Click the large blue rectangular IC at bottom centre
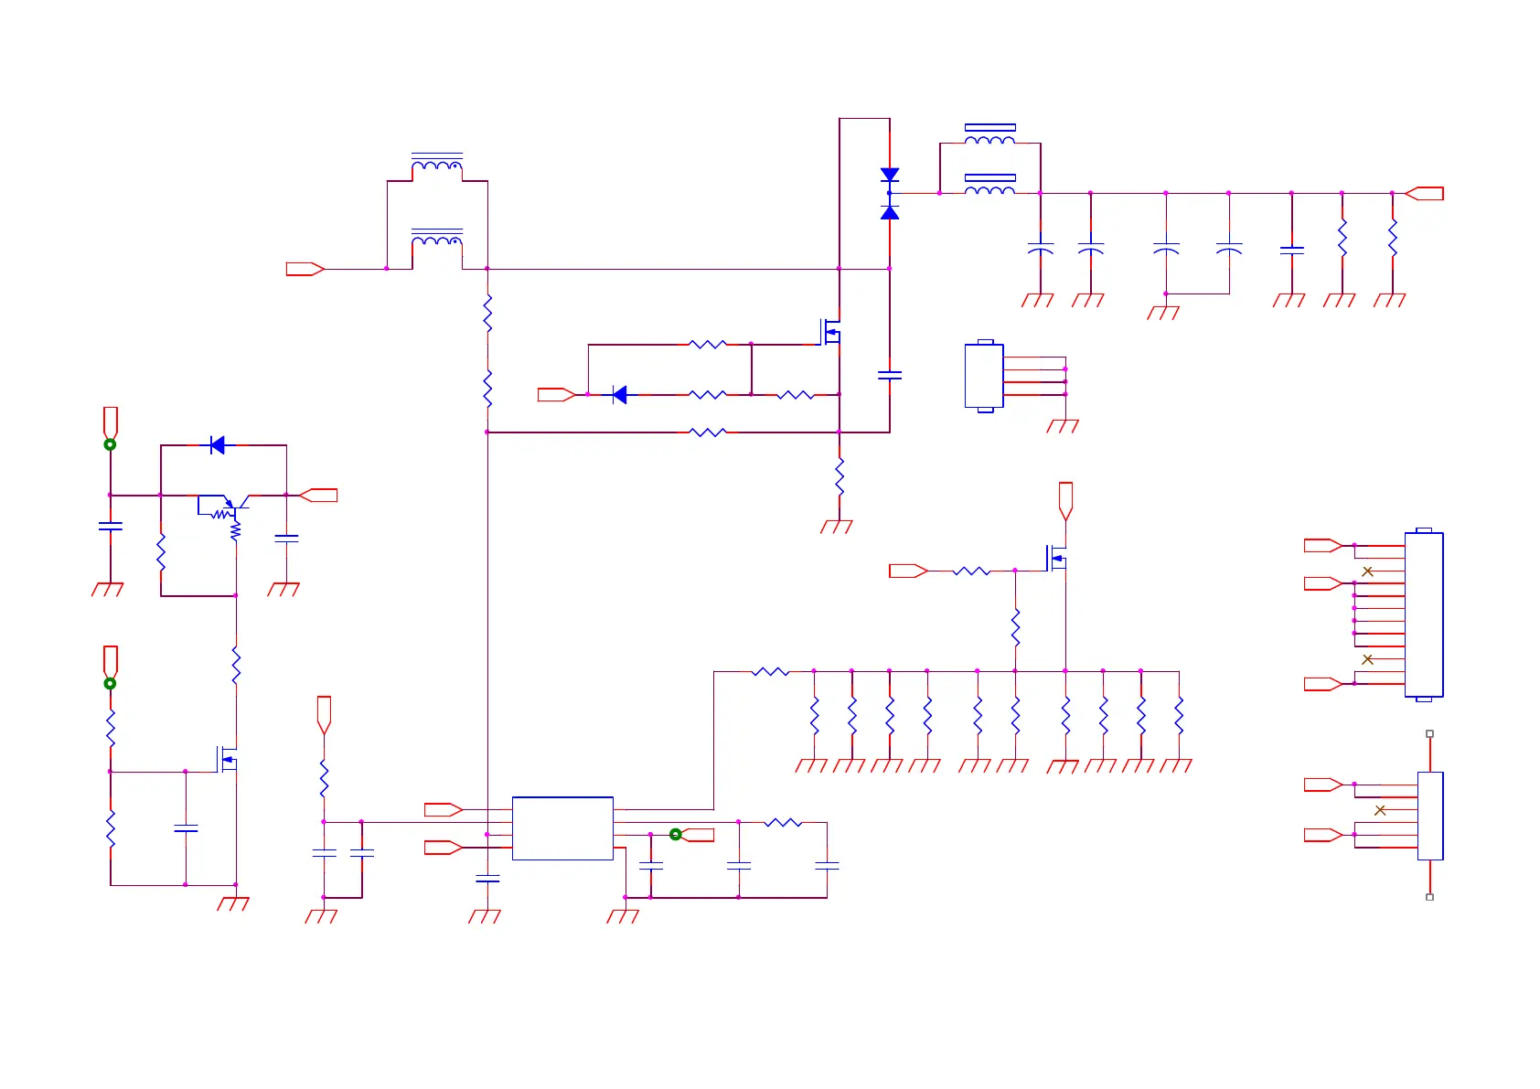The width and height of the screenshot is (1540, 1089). tap(562, 828)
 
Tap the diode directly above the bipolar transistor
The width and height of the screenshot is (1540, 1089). tap(218, 445)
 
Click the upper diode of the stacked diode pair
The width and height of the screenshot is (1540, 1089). tap(890, 175)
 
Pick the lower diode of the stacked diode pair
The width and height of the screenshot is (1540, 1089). tap(890, 212)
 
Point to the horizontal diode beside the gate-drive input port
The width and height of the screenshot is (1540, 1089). tap(620, 395)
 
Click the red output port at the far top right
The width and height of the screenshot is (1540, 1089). tap(1424, 194)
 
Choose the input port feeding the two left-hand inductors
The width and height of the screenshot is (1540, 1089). tap(305, 269)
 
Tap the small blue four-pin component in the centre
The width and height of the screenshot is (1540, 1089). tap(984, 376)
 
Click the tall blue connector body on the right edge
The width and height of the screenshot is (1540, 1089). tap(1424, 614)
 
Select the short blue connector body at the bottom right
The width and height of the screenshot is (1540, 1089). tap(1430, 816)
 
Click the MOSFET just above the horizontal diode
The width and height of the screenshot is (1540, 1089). tap(830, 331)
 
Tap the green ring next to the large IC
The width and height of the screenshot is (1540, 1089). tap(676, 835)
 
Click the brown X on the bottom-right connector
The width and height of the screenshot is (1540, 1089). tap(1380, 810)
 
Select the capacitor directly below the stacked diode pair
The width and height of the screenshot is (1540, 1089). tap(890, 375)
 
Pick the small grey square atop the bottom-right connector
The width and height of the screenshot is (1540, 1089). tap(1430, 734)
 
